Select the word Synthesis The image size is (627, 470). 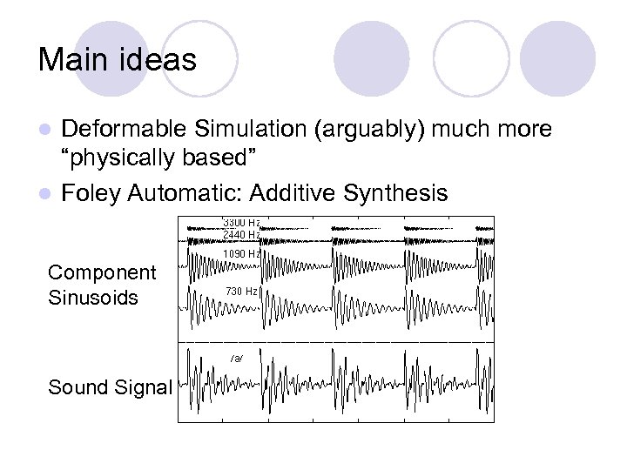coord(398,192)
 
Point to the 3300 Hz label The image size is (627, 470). coord(241,222)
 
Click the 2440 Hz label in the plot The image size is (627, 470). coord(241,234)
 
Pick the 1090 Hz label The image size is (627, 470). coord(241,253)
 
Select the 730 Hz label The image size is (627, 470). coord(241,291)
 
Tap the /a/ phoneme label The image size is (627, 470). coord(237,358)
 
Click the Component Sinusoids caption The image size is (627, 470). coord(101,285)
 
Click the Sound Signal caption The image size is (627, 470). coord(110,387)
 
